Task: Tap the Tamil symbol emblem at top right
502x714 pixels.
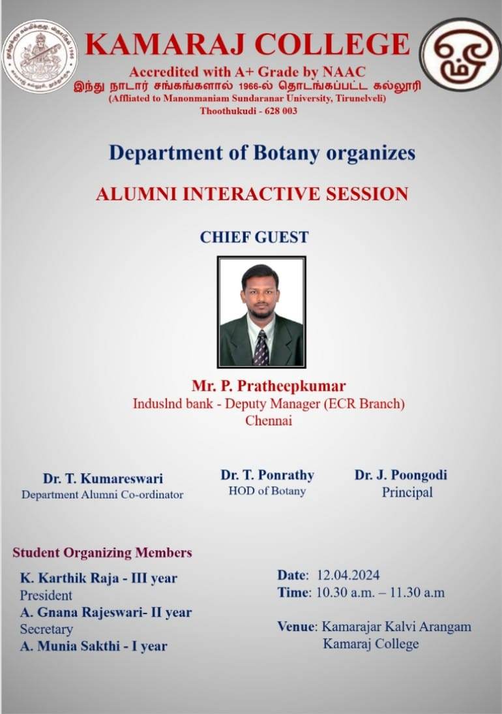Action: click(x=461, y=54)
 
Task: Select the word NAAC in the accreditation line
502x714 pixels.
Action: click(x=344, y=72)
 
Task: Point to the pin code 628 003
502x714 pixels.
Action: click(x=280, y=111)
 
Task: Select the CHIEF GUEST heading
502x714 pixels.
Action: click(x=254, y=238)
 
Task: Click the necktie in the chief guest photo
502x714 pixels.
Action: click(x=261, y=349)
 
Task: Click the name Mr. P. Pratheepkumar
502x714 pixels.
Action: click(x=269, y=386)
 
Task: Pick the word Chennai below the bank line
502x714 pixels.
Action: click(x=269, y=420)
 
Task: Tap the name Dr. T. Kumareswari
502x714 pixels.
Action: click(x=103, y=478)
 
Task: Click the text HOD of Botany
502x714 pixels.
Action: click(x=267, y=491)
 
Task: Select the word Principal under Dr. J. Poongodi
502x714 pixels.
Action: click(x=407, y=492)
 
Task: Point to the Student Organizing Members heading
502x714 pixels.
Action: click(x=102, y=553)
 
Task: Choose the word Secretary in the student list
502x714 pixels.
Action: click(x=46, y=629)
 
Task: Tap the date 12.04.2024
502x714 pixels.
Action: click(x=348, y=575)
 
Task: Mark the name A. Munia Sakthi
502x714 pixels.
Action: click(x=70, y=646)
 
